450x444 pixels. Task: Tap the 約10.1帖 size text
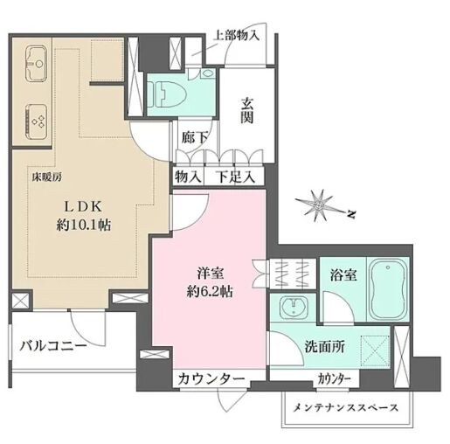pyautogui.click(x=83, y=225)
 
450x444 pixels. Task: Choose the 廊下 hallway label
pyautogui.click(x=194, y=138)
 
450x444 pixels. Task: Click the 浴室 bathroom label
pyautogui.click(x=343, y=274)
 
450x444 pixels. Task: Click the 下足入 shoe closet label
pyautogui.click(x=236, y=177)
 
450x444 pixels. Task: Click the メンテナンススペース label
pyautogui.click(x=345, y=408)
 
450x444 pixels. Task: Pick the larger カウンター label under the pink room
pyautogui.click(x=210, y=379)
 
